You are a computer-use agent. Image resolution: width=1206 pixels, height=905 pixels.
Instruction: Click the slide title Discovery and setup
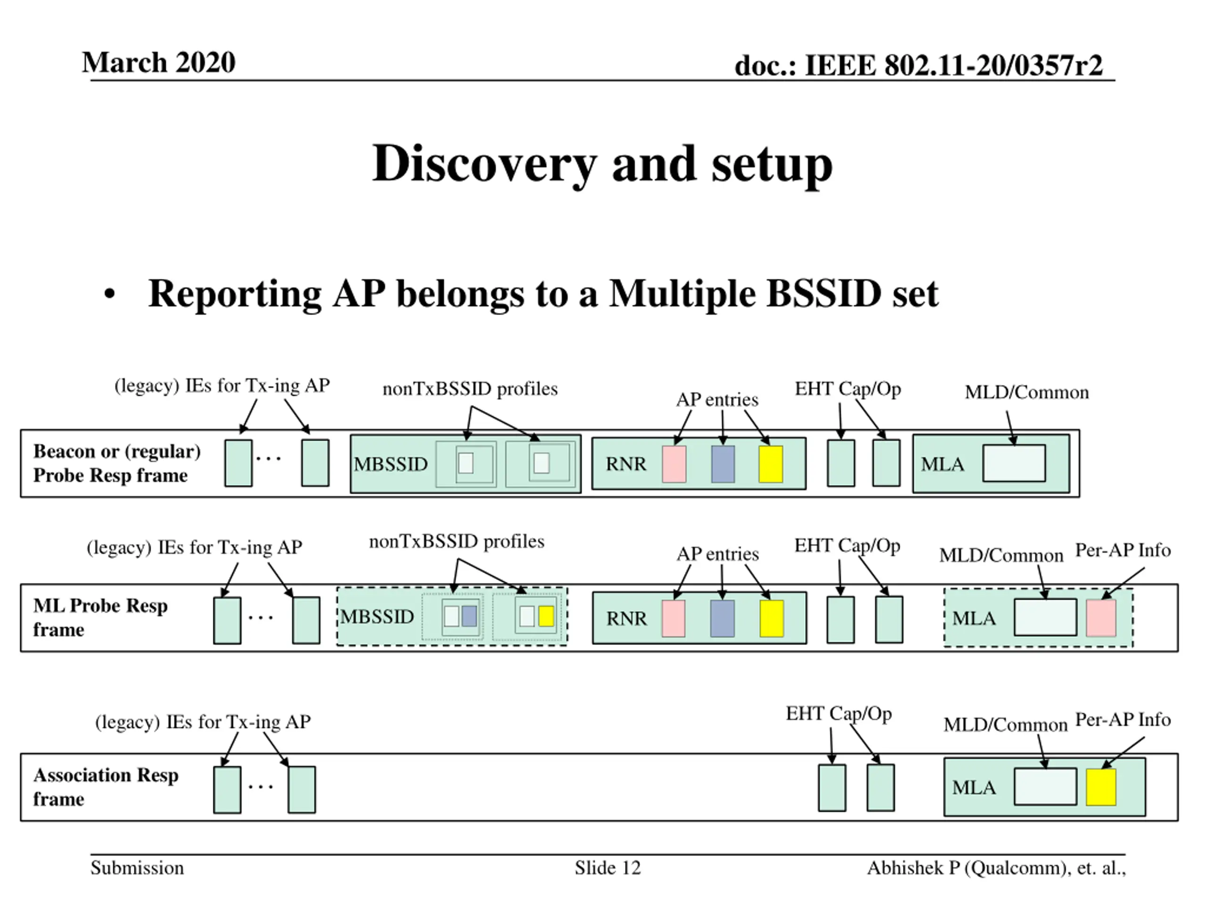tap(603, 164)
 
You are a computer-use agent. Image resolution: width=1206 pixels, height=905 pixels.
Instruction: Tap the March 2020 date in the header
tap(159, 62)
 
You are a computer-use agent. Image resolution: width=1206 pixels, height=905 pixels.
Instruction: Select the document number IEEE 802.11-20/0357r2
tap(953, 66)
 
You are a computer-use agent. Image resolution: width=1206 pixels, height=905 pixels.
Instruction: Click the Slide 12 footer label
tap(607, 867)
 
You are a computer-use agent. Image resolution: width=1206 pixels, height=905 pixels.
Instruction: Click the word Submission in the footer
tap(138, 867)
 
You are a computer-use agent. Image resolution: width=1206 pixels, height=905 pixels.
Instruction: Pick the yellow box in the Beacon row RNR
tap(771, 464)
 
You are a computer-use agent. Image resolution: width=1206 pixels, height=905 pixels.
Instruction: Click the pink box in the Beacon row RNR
tap(674, 464)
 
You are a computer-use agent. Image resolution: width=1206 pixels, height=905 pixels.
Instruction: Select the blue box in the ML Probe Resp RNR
tap(722, 618)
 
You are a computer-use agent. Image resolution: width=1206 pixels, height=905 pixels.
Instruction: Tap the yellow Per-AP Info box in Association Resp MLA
tap(1101, 787)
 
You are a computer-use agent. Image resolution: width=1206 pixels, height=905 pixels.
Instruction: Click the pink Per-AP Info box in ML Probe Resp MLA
tap(1101, 618)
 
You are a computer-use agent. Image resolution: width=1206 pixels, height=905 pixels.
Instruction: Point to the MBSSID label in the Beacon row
tap(391, 464)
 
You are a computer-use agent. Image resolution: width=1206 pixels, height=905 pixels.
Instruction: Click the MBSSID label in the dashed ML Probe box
tap(377, 617)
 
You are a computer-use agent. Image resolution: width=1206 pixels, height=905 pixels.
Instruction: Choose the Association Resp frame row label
tap(106, 787)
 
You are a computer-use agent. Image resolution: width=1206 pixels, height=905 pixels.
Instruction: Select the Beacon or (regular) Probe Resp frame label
tap(117, 463)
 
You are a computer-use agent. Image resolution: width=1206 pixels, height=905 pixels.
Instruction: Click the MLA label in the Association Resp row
tap(974, 788)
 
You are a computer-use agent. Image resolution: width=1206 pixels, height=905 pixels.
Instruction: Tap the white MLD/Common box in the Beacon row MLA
tap(1014, 463)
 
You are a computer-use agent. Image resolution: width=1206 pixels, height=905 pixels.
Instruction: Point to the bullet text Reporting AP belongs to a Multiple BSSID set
tap(543, 294)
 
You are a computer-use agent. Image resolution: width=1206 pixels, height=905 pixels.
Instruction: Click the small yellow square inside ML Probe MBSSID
tap(546, 616)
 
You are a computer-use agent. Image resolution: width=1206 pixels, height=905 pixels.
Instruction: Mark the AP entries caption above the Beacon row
tap(717, 400)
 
